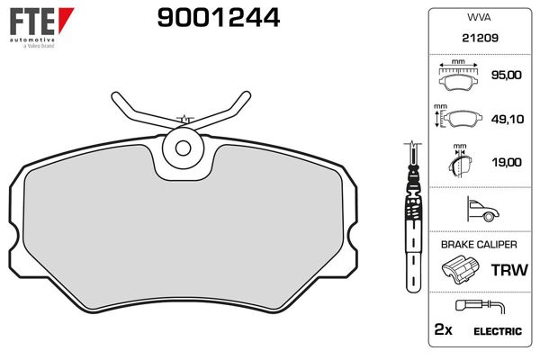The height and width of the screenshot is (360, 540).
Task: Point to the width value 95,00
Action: [506, 76]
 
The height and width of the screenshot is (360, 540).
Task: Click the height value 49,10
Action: [506, 119]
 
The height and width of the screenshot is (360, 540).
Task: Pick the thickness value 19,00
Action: [506, 162]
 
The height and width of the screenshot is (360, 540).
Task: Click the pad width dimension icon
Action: [459, 76]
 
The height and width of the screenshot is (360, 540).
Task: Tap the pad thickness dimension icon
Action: [460, 162]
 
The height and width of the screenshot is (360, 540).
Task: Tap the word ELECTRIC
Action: [499, 331]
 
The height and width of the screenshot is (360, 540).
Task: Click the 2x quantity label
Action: [442, 330]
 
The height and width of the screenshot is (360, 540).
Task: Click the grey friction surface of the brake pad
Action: [180, 234]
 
